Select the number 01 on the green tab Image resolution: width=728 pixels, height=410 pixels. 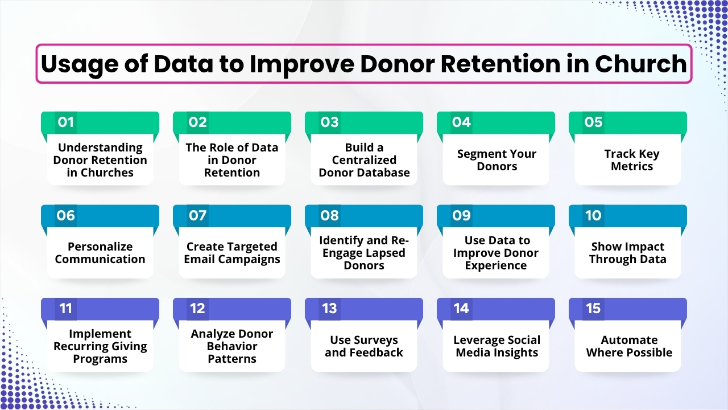tap(66, 122)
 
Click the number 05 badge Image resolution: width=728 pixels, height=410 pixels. tap(593, 122)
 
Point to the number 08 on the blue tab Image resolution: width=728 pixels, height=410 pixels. tap(330, 215)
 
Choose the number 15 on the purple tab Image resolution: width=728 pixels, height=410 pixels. tap(593, 308)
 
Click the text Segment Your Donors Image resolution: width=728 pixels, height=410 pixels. tap(496, 160)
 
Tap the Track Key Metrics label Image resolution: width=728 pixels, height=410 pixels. tap(628, 160)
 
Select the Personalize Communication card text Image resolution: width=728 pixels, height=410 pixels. tap(100, 253)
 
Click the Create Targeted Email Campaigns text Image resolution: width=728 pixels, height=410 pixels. tap(232, 253)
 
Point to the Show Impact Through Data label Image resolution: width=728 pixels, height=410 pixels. tap(628, 253)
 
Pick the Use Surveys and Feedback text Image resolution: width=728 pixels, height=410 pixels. tap(364, 346)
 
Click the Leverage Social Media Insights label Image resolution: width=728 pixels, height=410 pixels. tap(496, 346)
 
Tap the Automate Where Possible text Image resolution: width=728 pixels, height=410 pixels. tap(628, 346)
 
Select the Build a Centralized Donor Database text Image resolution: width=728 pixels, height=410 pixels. tap(364, 160)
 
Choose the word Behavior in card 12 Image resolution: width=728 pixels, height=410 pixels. tap(232, 346)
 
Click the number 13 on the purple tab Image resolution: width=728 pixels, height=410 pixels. tap(330, 308)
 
